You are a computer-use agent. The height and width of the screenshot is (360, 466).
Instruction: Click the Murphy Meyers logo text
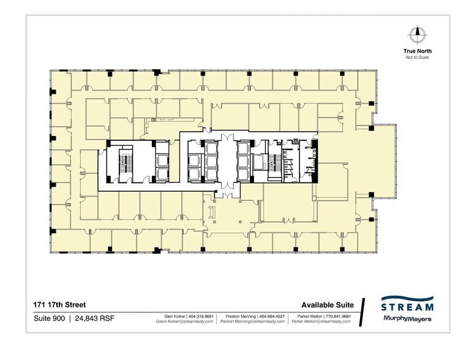pos(407,319)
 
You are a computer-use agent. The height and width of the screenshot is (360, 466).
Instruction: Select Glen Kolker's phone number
pos(201,316)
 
